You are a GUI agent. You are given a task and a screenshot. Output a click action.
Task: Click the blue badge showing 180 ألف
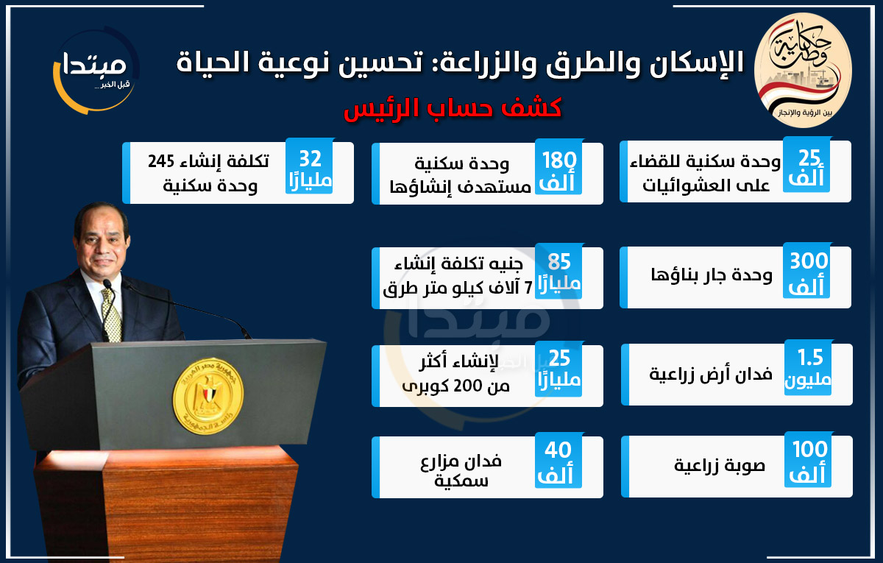(558, 166)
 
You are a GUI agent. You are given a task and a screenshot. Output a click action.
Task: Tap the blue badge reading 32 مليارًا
(310, 166)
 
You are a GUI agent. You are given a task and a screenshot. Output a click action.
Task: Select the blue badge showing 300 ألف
(807, 271)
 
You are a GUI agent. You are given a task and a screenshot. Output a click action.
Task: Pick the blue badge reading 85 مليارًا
(558, 272)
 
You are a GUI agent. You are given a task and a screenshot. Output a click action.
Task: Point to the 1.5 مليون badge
(808, 367)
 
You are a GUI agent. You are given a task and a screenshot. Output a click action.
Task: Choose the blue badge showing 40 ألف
(558, 460)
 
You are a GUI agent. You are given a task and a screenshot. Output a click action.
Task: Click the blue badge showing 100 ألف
(808, 459)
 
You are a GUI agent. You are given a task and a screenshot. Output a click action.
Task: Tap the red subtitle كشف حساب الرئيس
(453, 108)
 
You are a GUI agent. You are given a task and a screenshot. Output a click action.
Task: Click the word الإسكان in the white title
(697, 63)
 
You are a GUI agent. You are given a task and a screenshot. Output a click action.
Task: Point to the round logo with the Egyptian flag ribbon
(803, 70)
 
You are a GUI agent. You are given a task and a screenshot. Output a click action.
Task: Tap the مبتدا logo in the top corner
(96, 70)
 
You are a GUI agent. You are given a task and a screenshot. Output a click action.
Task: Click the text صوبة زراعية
(720, 465)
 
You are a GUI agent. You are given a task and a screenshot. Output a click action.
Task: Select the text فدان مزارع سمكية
(461, 470)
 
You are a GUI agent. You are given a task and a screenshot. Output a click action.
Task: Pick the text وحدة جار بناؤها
(711, 275)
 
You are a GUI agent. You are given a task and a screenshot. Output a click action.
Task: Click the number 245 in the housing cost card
(161, 161)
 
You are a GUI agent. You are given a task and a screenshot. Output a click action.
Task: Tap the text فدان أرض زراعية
(710, 374)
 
